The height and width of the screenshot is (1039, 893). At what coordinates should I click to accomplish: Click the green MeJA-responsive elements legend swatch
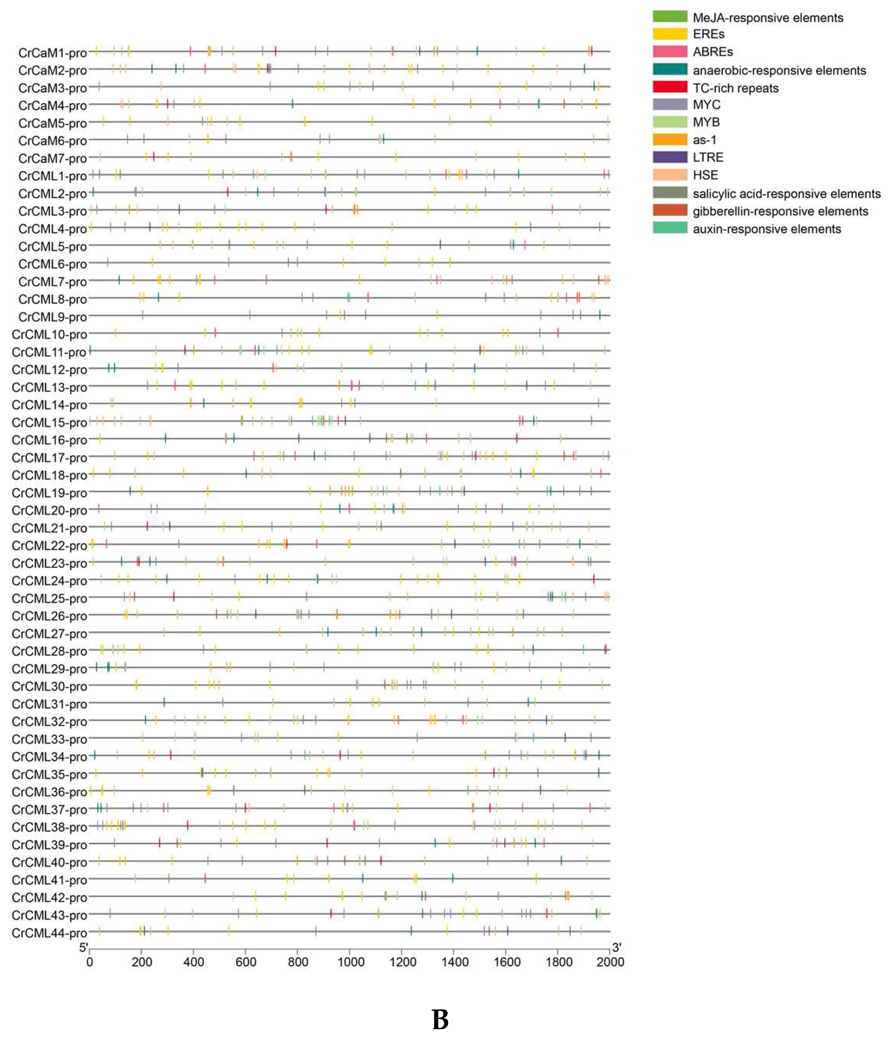669,16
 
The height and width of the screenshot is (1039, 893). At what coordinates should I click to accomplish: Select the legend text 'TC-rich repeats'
735,88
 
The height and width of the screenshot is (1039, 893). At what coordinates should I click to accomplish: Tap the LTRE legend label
708,158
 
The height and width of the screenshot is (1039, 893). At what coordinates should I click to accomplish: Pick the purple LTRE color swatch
669,157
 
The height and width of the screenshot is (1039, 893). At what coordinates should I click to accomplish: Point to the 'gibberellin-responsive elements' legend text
780,211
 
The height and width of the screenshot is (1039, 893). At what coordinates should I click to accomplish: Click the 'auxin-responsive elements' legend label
766,229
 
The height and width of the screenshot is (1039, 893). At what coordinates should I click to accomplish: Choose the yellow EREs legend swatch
669,34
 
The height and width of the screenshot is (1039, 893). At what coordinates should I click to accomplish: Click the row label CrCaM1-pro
52,53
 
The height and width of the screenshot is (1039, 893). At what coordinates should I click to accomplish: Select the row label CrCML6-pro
52,264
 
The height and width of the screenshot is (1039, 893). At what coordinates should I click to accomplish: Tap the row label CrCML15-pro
49,423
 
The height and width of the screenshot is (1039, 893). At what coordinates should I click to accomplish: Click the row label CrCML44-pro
49,933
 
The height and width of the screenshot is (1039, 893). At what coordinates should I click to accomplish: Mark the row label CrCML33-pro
49,740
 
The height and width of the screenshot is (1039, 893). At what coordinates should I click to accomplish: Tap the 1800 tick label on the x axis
558,962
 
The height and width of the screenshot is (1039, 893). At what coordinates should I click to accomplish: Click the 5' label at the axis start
84,947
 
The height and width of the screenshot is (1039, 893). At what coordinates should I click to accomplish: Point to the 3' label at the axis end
617,947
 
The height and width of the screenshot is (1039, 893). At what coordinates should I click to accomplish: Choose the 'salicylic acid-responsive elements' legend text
786,194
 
